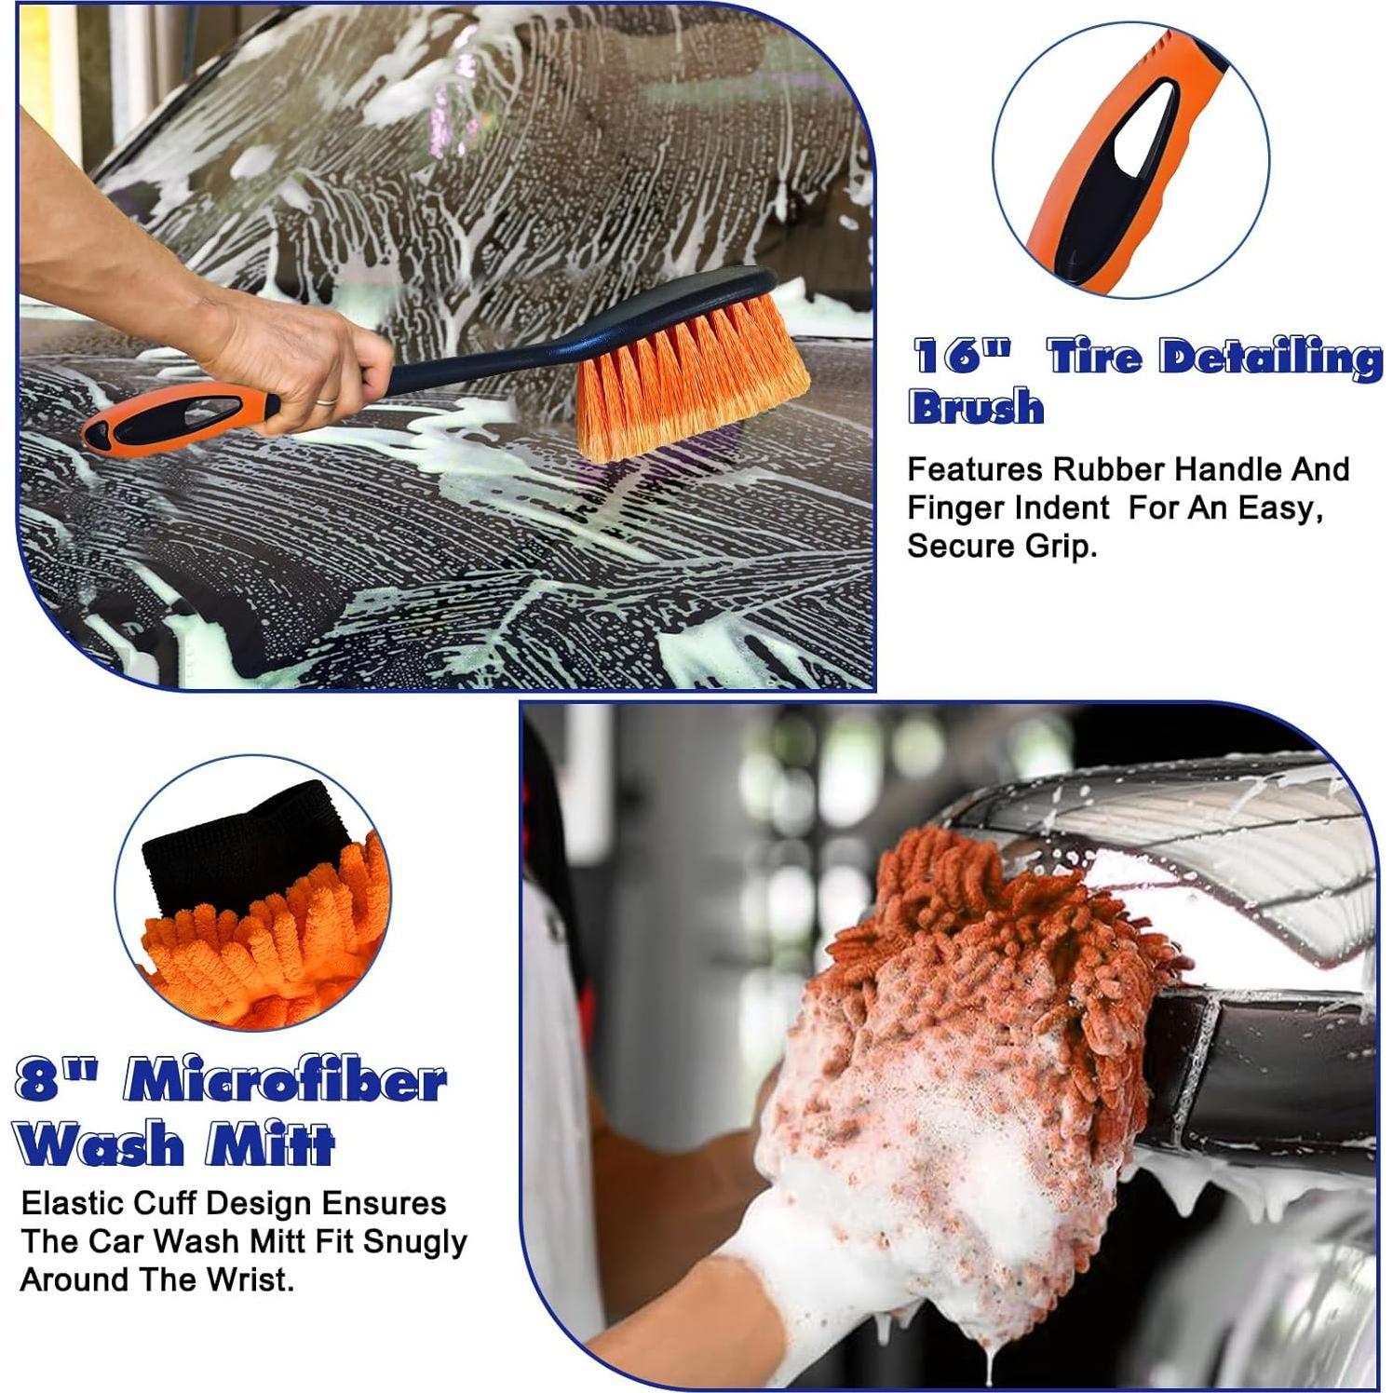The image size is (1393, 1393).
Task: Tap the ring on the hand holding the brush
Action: pos(326,400)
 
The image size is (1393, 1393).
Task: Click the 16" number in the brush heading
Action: pos(960,357)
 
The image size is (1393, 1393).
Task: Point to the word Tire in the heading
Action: pos(1094,357)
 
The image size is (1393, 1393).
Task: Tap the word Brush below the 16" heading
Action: pos(976,407)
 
